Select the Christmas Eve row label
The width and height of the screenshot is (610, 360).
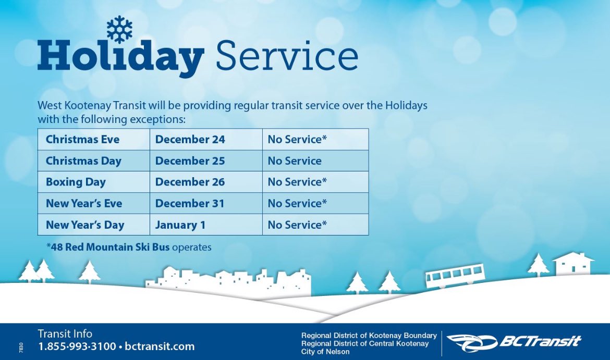(82, 140)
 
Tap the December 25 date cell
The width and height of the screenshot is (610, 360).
(190, 161)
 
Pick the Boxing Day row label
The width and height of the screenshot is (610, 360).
(76, 182)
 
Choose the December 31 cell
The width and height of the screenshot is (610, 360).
(190, 204)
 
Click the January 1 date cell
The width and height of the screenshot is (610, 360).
(180, 225)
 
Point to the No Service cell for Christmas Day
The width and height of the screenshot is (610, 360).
(295, 161)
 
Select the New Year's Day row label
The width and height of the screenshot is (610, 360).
(85, 225)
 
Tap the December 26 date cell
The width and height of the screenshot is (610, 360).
(190, 182)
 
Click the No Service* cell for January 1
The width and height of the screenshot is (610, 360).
(297, 225)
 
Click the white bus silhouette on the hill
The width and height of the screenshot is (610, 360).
(455, 276)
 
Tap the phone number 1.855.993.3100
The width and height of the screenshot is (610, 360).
(77, 346)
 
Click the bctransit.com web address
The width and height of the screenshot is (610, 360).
(160, 346)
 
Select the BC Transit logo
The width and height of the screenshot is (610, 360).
(514, 342)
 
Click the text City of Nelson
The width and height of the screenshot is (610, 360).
(325, 352)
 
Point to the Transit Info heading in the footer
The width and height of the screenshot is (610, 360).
(65, 334)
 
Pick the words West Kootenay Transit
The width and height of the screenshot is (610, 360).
(85, 105)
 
